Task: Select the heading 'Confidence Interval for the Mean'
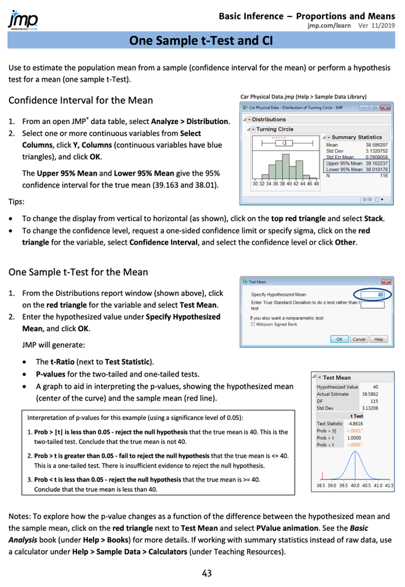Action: pos(81,101)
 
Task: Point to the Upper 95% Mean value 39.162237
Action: pos(377,163)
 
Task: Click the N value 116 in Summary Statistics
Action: pos(383,175)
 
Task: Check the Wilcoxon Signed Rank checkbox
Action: pos(253,324)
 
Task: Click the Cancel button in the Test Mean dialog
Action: pos(358,339)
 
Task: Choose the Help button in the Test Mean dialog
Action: pos(379,339)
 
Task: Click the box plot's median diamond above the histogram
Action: pos(284,142)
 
